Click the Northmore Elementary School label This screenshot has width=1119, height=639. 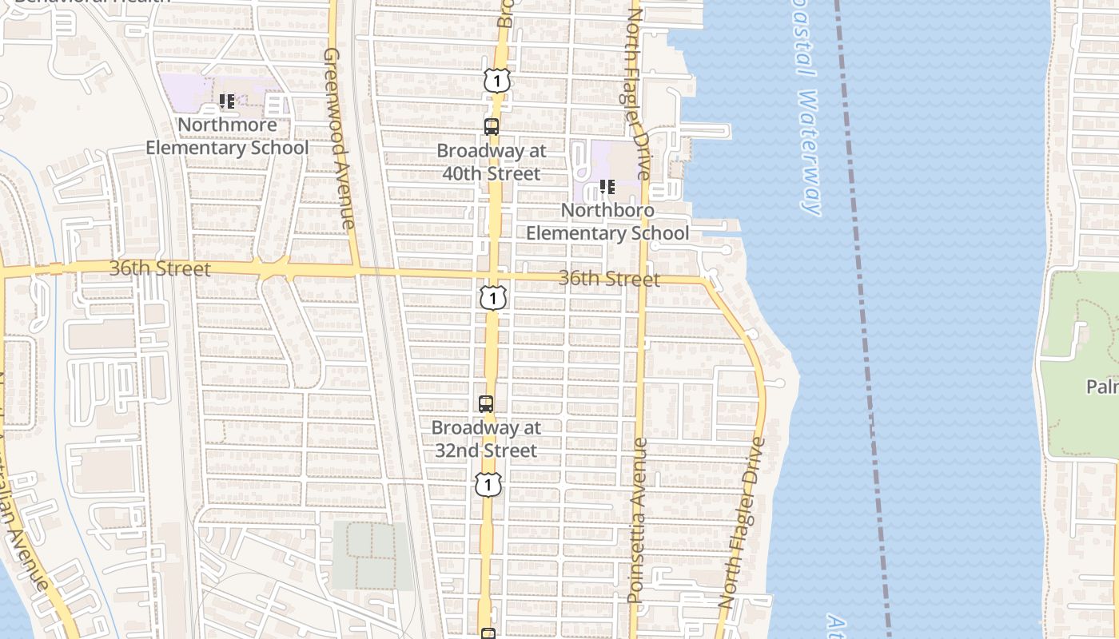(x=227, y=137)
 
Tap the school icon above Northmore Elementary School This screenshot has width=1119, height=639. (x=227, y=101)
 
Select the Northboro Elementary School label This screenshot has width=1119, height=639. (x=607, y=222)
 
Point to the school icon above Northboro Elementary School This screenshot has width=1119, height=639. (x=607, y=187)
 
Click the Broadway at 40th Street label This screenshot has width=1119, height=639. (x=492, y=162)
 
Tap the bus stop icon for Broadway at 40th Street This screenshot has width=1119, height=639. (x=492, y=126)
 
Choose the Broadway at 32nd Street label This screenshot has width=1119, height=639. (x=486, y=439)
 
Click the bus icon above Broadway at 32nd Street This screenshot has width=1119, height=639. (x=486, y=403)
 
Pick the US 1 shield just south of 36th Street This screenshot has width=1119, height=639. (x=494, y=298)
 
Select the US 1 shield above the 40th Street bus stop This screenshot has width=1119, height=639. (x=496, y=80)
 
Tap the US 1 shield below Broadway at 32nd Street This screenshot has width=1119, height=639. (x=488, y=484)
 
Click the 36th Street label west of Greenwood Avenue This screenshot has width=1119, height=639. (x=160, y=269)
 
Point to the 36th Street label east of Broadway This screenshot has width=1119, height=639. (x=609, y=279)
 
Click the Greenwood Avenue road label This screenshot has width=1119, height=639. (x=339, y=138)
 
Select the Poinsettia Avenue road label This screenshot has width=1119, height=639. (x=637, y=519)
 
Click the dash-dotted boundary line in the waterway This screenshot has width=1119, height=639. (x=863, y=319)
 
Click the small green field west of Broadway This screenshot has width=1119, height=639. (x=372, y=555)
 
